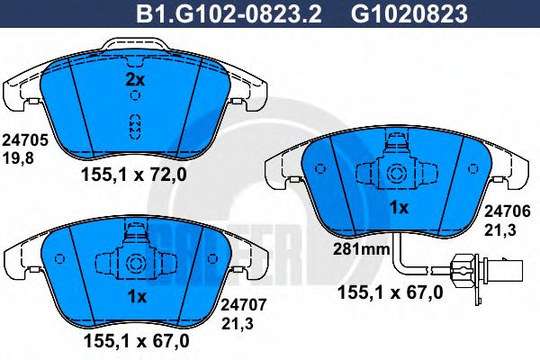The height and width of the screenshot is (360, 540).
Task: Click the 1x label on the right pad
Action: (x=398, y=208)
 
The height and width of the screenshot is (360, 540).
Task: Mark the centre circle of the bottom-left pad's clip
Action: (x=136, y=264)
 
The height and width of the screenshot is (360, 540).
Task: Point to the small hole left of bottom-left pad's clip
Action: (x=60, y=260)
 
